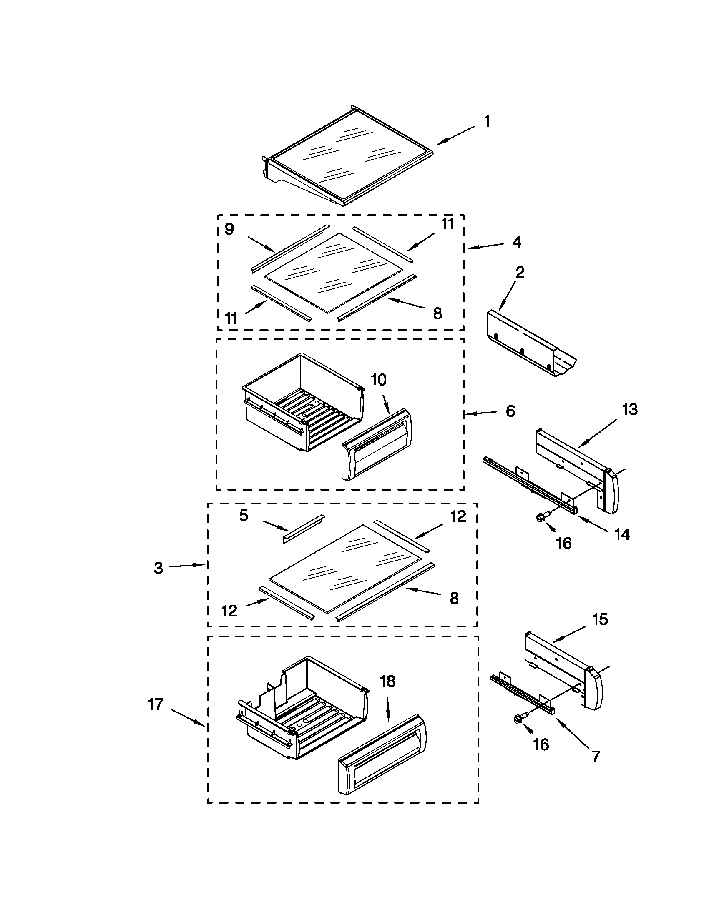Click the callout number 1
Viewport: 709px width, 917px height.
(487, 122)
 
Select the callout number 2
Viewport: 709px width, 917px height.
(520, 273)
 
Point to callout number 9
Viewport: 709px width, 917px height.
(229, 230)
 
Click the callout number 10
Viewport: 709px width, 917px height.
(378, 380)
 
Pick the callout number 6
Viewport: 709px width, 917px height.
(510, 411)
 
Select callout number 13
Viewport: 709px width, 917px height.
(630, 409)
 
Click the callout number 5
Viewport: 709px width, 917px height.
(244, 516)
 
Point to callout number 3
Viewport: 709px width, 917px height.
(158, 568)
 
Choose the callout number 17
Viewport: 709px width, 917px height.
(156, 704)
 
